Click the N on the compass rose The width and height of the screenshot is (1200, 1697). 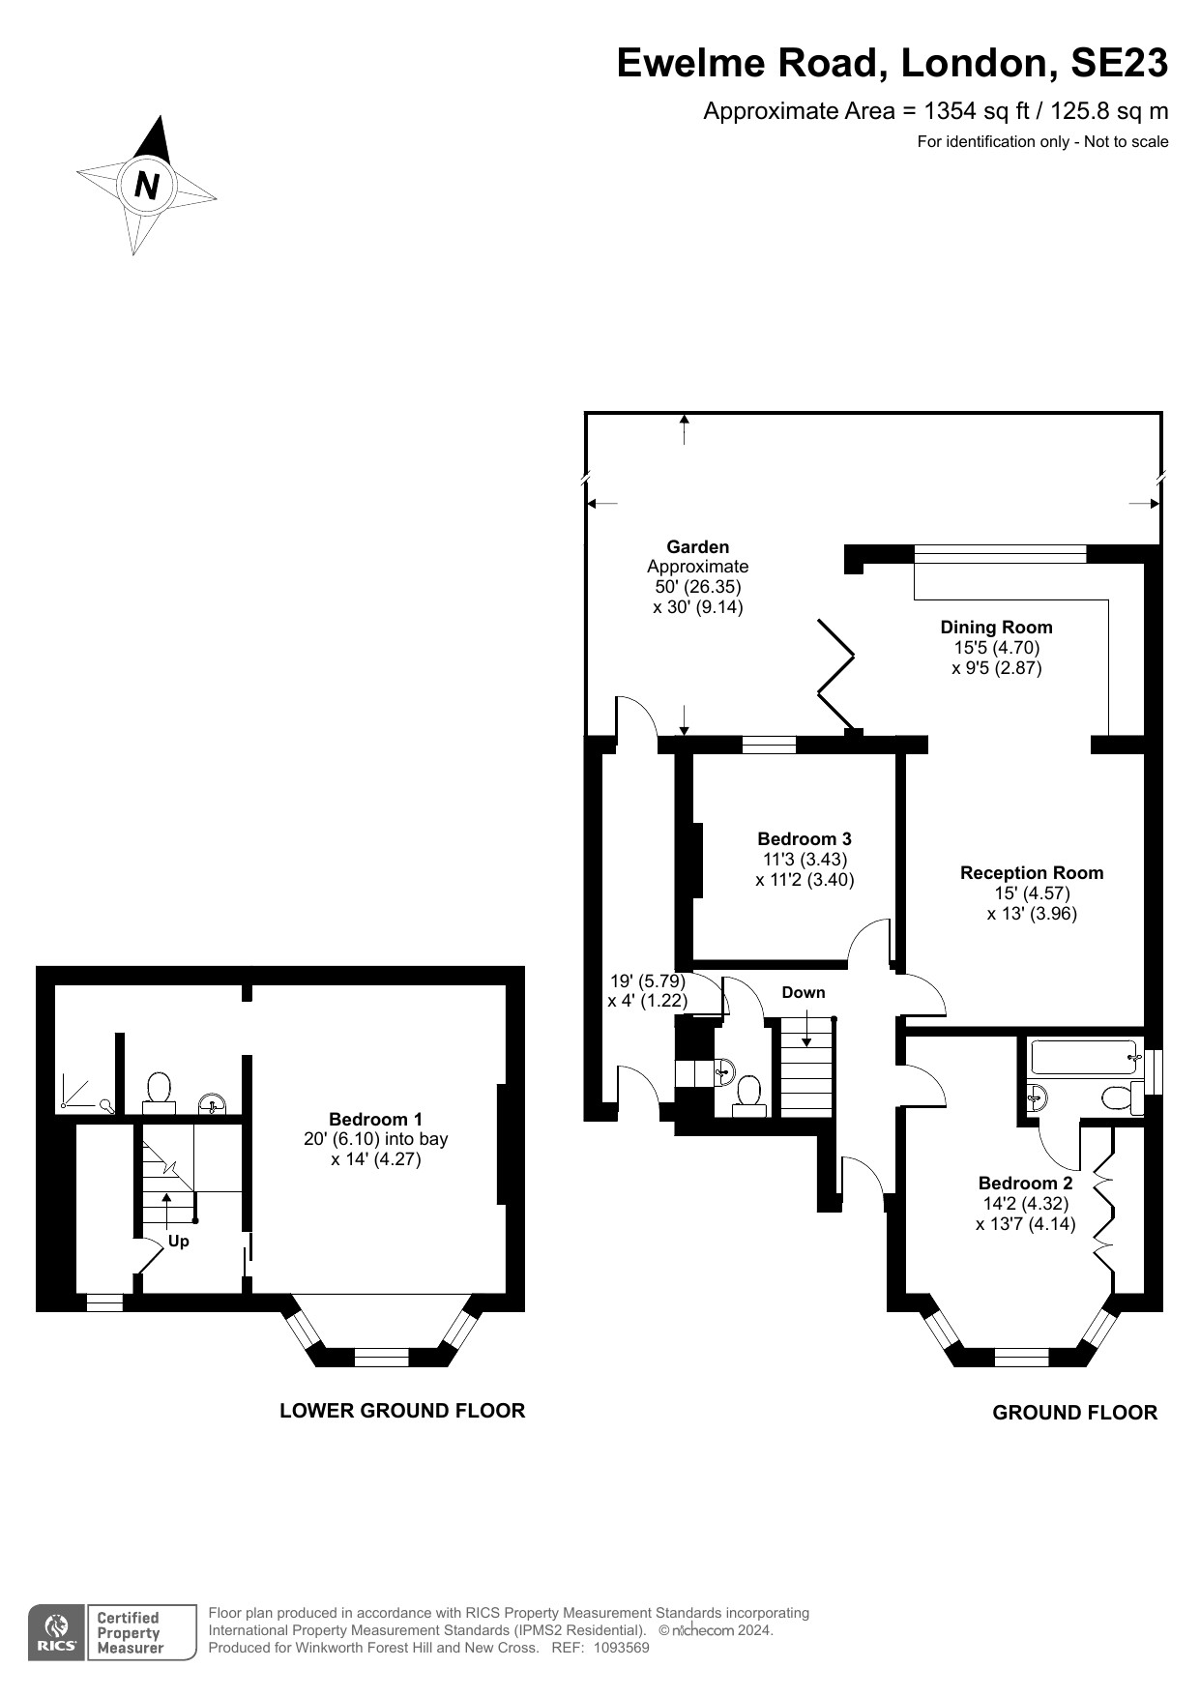click(147, 184)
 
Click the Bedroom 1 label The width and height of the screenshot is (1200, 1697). click(375, 1119)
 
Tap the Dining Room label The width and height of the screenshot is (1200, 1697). click(996, 628)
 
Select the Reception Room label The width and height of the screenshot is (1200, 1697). click(1031, 873)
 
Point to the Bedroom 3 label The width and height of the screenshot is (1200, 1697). click(804, 839)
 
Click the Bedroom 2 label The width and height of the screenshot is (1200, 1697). click(1025, 1184)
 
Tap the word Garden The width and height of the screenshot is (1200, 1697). click(697, 547)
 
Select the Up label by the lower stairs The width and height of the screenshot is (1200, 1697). click(179, 1241)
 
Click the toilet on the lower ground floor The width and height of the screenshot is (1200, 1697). click(159, 1091)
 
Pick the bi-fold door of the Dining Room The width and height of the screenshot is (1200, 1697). click(835, 674)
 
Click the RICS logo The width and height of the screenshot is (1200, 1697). click(58, 1633)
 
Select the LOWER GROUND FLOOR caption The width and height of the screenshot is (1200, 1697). click(402, 1411)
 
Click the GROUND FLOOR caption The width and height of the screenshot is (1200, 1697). click(1074, 1413)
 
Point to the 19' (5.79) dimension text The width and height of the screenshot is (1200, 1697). click(647, 980)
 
